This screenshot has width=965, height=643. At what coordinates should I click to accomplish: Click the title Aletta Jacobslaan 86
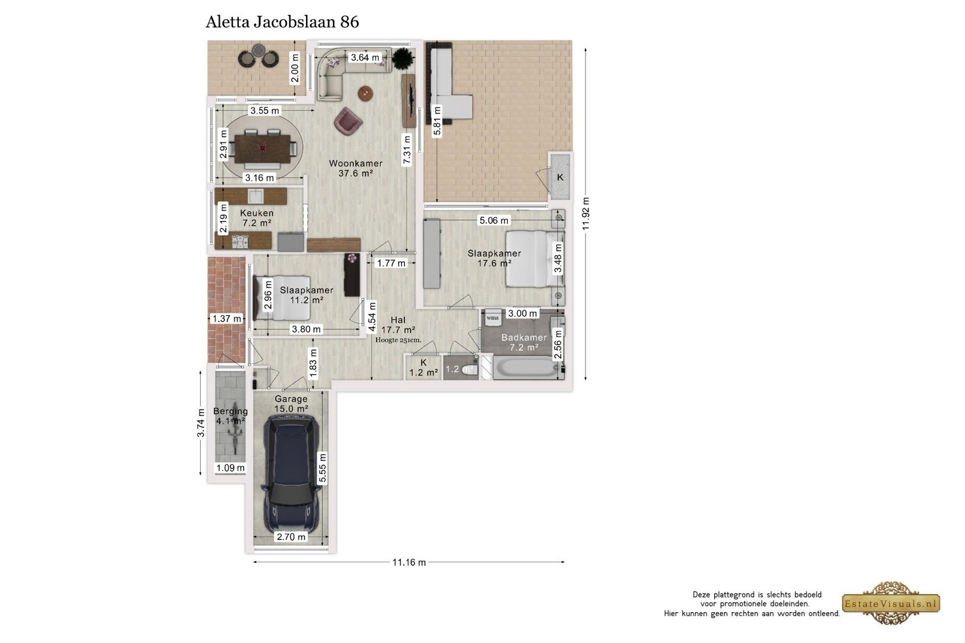(282, 22)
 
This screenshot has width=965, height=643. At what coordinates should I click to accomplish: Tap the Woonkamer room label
(356, 164)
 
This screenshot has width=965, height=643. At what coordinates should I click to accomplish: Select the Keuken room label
(257, 213)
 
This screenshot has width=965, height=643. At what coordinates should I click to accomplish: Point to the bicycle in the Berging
(235, 427)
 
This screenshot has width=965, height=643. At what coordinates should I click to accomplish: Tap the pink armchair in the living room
(348, 122)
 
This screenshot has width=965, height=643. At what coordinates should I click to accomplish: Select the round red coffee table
(365, 93)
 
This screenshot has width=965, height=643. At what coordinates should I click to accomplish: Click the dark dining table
(262, 149)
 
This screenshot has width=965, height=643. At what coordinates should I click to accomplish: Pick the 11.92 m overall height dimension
(586, 214)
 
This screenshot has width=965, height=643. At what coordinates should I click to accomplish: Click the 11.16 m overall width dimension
(409, 562)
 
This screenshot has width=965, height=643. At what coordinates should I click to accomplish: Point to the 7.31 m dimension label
(406, 150)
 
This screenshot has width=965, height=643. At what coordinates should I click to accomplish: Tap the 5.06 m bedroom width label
(494, 220)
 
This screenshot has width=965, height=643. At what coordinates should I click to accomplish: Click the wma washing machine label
(493, 318)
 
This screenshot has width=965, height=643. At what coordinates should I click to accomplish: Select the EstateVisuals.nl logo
(891, 603)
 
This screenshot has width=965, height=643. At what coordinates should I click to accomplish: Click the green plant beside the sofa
(403, 58)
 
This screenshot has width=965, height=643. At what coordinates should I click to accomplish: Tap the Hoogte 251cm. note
(398, 340)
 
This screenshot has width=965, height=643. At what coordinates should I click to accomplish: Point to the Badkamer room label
(524, 337)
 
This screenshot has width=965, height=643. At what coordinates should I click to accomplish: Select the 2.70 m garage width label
(291, 536)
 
